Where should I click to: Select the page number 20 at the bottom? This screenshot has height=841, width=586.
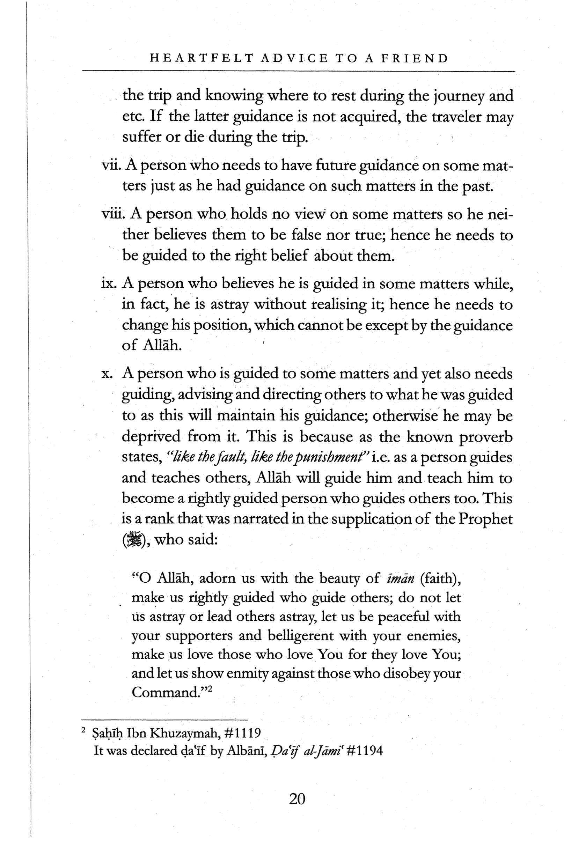(x=297, y=798)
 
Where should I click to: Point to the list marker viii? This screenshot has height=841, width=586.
(x=113, y=213)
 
